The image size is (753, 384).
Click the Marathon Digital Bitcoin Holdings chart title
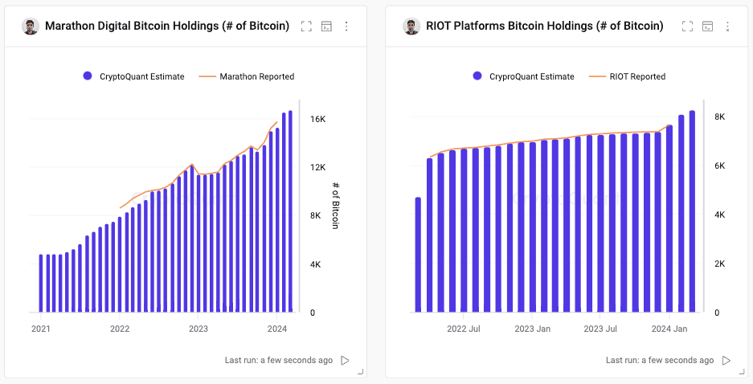167,26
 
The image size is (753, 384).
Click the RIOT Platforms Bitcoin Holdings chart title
545,26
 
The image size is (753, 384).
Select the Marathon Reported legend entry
247,76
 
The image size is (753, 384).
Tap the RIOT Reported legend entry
627,76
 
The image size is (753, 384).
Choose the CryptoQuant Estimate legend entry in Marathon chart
133,76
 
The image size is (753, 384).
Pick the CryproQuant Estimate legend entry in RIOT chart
523,76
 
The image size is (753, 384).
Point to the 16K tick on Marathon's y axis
317,119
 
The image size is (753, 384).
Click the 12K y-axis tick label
317,168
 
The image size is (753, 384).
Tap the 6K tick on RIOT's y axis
719,166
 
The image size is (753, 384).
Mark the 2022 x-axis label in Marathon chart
120,329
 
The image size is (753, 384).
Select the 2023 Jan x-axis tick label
532,329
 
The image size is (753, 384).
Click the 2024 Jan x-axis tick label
669,329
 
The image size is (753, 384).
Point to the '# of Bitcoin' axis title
335,206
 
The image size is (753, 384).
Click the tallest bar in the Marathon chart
290,211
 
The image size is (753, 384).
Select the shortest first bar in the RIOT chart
418,255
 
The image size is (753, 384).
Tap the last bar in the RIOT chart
692,211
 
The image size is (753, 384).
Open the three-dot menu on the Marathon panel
346,27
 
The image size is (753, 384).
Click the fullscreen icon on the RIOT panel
687,27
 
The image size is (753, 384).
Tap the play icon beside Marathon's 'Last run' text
345,361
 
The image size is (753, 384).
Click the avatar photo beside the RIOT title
411,27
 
